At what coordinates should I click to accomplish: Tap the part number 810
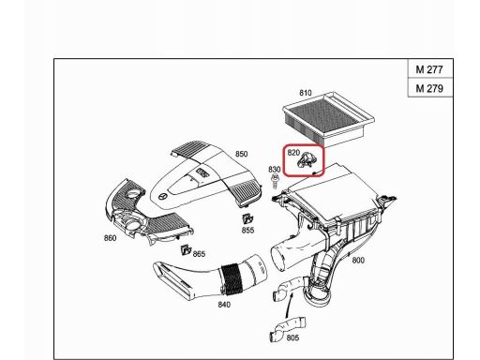coord(305,93)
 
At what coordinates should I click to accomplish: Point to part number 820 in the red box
coord(293,152)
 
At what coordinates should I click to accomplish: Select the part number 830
coord(274,170)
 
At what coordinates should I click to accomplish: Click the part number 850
coord(241,154)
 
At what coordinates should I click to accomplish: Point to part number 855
coord(247,230)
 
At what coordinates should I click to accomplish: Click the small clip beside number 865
coord(186,250)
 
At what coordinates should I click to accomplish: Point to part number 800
coord(357,262)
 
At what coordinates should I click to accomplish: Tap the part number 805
coord(292,337)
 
